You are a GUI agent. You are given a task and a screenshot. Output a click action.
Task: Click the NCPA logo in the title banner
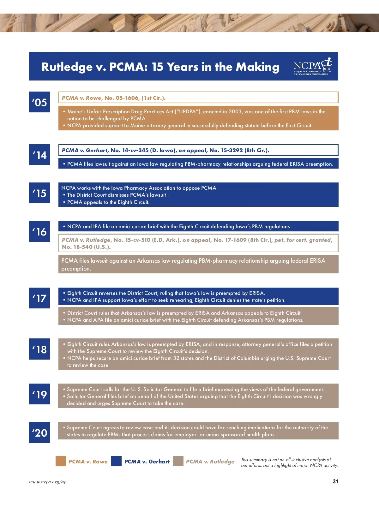pos(312,66)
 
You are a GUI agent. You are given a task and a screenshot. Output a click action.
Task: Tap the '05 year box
pos(39,102)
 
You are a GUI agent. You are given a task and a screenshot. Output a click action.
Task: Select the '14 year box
pos(39,155)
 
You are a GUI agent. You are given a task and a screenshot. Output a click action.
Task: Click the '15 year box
pos(39,193)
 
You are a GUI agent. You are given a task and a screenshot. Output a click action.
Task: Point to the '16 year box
pos(39,231)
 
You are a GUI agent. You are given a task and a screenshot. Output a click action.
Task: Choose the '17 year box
pos(39,298)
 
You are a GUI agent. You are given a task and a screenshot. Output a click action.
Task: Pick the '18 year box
pos(39,349)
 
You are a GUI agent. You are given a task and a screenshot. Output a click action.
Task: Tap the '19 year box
pos(39,394)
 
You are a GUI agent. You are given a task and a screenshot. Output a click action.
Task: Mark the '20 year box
pos(39,432)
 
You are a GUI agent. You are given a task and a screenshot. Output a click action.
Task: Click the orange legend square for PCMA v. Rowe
pos(61,461)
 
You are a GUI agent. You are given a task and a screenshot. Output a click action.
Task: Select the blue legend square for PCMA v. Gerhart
pos(117,461)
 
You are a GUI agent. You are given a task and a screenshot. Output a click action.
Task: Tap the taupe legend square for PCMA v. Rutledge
pos(178,461)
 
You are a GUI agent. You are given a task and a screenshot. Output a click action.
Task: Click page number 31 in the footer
pos(335,481)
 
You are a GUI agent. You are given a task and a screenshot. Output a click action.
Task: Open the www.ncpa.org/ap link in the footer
pos(48,482)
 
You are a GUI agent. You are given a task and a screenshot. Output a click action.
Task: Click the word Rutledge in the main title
pos(67,67)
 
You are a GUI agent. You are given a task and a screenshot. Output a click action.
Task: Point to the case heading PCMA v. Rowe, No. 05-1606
pos(114,98)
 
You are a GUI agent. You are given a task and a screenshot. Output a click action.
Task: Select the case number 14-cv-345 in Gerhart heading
pos(135,150)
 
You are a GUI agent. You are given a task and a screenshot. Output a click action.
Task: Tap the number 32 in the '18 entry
pos(176,358)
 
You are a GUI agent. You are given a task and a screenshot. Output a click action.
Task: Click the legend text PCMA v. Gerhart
pos(147,462)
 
